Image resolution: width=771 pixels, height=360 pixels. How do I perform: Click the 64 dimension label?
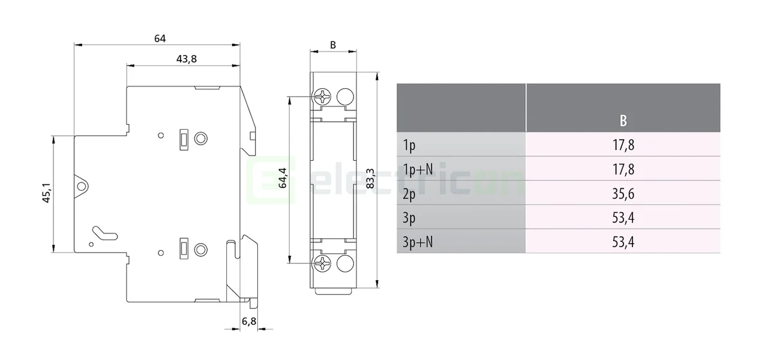coord(160,38)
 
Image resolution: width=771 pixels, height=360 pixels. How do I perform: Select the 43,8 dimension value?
coord(187,59)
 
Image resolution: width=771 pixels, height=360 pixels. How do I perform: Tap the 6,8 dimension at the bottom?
coord(249,321)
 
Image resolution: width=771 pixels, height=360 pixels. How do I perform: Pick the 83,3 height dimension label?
coord(370,179)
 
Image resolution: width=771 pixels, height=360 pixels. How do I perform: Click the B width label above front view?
coord(333,44)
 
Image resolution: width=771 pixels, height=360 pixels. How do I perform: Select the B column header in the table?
coord(623,121)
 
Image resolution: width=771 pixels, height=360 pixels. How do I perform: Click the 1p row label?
coord(409,145)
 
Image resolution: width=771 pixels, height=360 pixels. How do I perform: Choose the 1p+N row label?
coord(418,170)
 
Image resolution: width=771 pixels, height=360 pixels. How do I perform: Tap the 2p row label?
coord(410,194)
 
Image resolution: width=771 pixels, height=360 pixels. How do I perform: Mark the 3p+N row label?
coord(418,242)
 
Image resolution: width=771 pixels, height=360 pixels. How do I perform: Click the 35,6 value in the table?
coord(623,194)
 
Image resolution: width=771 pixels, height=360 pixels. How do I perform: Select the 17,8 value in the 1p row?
coord(623,145)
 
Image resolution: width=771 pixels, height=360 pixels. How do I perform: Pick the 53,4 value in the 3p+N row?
coord(623,242)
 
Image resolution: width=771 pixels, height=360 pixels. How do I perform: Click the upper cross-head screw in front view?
coord(323,96)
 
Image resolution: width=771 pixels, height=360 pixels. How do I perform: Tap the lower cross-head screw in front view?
coord(323,263)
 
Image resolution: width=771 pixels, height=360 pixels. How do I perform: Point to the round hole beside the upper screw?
coord(344,96)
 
